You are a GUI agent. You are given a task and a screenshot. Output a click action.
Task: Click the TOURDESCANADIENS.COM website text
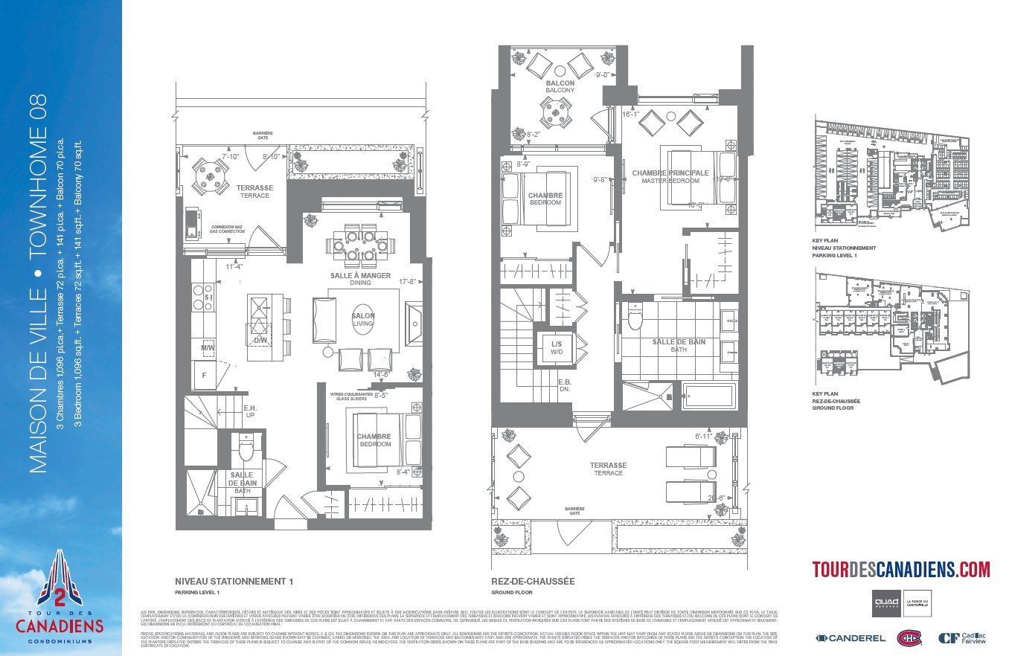tap(900, 570)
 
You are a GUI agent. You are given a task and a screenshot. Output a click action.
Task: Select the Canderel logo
tap(851, 637)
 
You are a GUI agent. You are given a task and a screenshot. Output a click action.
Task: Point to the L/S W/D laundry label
tap(557, 347)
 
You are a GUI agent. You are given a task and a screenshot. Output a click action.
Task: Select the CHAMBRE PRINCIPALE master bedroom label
tap(670, 176)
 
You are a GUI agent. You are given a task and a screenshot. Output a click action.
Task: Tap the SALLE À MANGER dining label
tap(360, 278)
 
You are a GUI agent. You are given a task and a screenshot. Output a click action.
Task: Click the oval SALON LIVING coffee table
tap(363, 320)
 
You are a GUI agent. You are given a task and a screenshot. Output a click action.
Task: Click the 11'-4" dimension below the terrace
tap(234, 266)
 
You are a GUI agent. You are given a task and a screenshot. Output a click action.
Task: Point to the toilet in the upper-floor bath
tap(635, 318)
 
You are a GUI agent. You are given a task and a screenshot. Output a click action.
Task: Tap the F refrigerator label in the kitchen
tap(205, 376)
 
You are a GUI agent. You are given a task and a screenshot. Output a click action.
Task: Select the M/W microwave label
tap(207, 347)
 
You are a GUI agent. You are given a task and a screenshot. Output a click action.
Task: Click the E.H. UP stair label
tap(250, 411)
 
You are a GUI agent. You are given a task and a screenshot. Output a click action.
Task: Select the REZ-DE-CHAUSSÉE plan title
tap(533, 581)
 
